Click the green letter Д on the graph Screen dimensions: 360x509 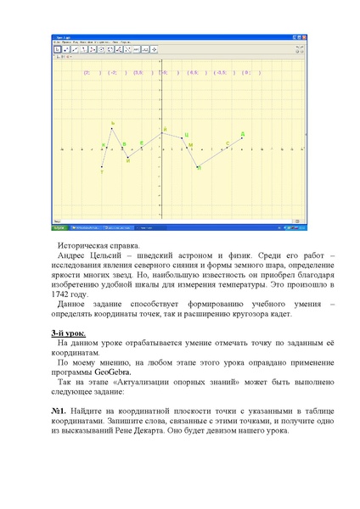click(x=243, y=134)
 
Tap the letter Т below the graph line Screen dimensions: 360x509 click(x=102, y=171)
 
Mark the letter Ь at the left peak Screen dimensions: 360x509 click(x=112, y=124)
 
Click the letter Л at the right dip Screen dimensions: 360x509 click(x=199, y=168)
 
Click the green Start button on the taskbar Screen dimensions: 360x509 click(x=59, y=227)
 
